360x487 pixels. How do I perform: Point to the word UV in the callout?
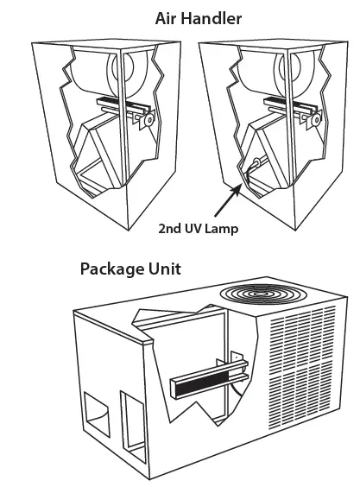(x=198, y=231)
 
